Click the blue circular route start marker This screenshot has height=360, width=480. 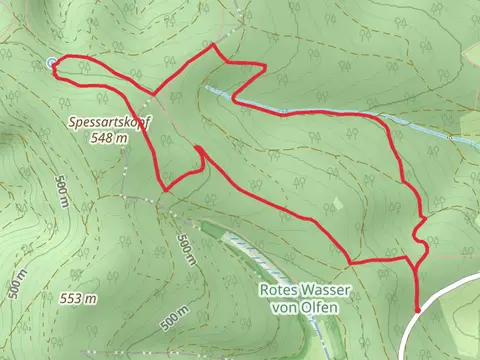tap(51, 64)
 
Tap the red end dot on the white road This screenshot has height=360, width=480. tap(417, 312)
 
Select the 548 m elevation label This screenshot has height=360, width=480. tap(108, 138)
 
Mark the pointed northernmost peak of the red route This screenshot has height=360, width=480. tap(213, 46)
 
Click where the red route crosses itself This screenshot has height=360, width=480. tap(154, 96)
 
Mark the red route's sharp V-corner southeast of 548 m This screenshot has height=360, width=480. tap(166, 188)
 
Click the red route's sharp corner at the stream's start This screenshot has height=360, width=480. tap(233, 98)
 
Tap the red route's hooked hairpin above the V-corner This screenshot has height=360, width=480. tap(198, 150)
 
